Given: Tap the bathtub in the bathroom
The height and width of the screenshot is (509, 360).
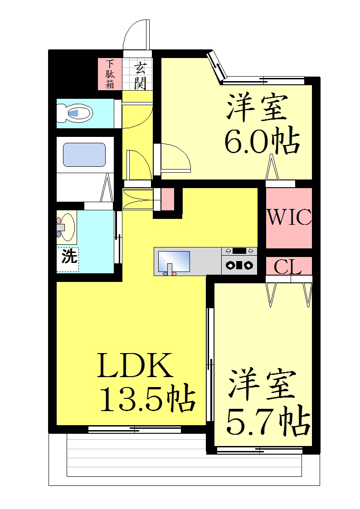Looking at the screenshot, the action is point(84,155).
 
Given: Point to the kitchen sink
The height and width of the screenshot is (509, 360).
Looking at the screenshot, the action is point(174,262).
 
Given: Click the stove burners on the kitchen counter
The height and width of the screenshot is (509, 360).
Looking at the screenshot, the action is point(239,265).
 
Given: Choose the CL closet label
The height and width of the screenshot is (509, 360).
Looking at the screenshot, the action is point(288,267).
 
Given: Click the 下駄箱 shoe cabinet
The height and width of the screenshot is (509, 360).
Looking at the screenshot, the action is point(110,74).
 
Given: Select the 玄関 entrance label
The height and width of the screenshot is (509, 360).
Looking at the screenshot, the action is point(140,76).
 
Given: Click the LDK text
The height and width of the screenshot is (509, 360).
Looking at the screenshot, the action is point(135,365).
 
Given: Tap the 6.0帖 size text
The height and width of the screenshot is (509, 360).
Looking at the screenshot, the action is point(262,142).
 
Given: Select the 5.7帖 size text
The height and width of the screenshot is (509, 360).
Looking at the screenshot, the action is point(268,420).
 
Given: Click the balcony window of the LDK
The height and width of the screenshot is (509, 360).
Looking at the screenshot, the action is point(134,430).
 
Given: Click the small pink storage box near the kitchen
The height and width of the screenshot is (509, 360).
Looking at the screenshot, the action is point(167,199).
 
